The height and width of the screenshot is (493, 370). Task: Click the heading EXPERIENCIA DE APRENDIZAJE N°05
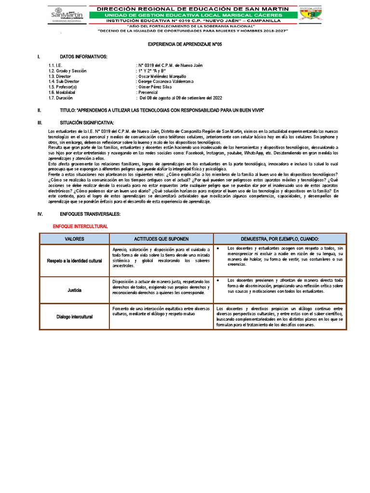coord(185,44)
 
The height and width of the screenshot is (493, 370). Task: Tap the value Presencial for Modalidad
coord(151,92)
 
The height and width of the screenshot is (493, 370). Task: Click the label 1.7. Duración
coord(61,97)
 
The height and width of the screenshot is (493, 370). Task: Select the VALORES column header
coord(74,239)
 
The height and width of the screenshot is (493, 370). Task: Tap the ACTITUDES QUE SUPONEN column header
coord(161,239)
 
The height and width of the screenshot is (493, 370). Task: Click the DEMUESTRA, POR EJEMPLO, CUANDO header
coord(280,239)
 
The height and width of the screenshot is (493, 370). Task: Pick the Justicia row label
coord(74,290)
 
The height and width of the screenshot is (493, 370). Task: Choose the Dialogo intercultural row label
coord(74,316)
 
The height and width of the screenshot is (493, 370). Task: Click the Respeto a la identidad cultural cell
coord(74,260)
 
